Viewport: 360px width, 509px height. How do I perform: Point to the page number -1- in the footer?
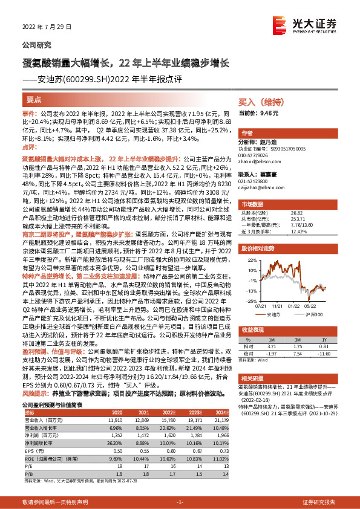pyautogui.click(x=180, y=502)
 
